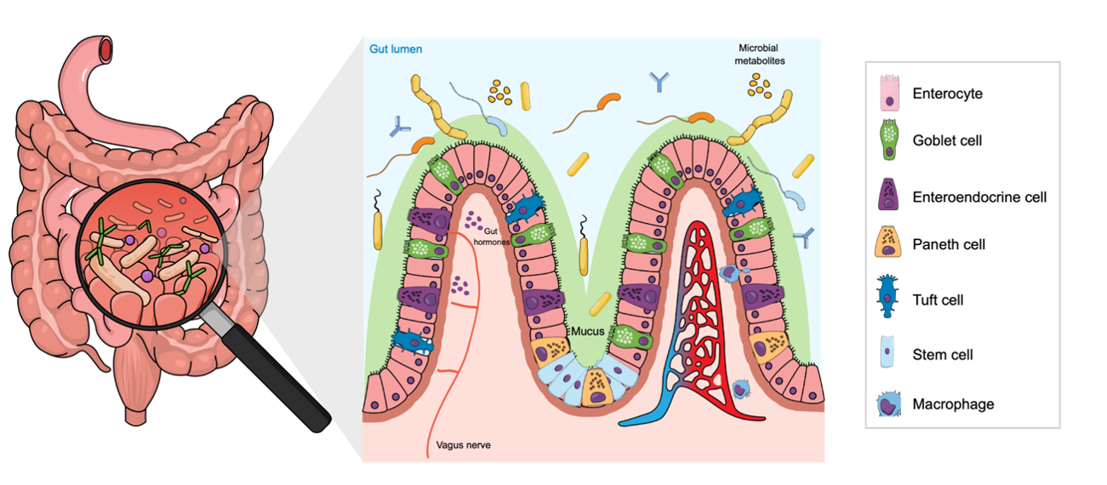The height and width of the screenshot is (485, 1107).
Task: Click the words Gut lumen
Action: point(396,49)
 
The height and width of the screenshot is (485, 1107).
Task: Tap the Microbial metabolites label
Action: point(759,54)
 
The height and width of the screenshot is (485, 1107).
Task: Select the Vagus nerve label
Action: point(463,445)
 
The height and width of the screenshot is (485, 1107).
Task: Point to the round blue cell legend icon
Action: point(889,403)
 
